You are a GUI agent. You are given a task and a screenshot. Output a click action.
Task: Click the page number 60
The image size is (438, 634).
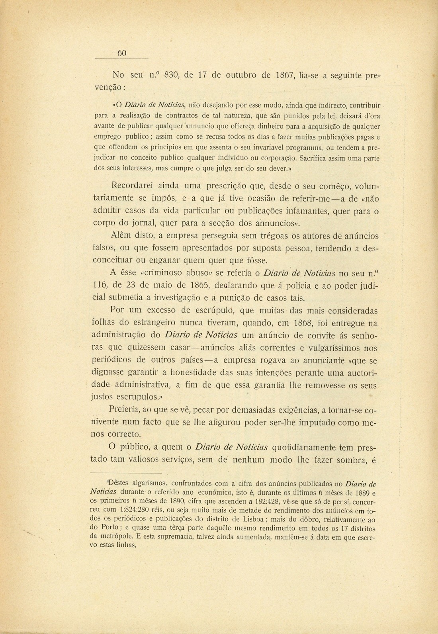pyautogui.click(x=122, y=53)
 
